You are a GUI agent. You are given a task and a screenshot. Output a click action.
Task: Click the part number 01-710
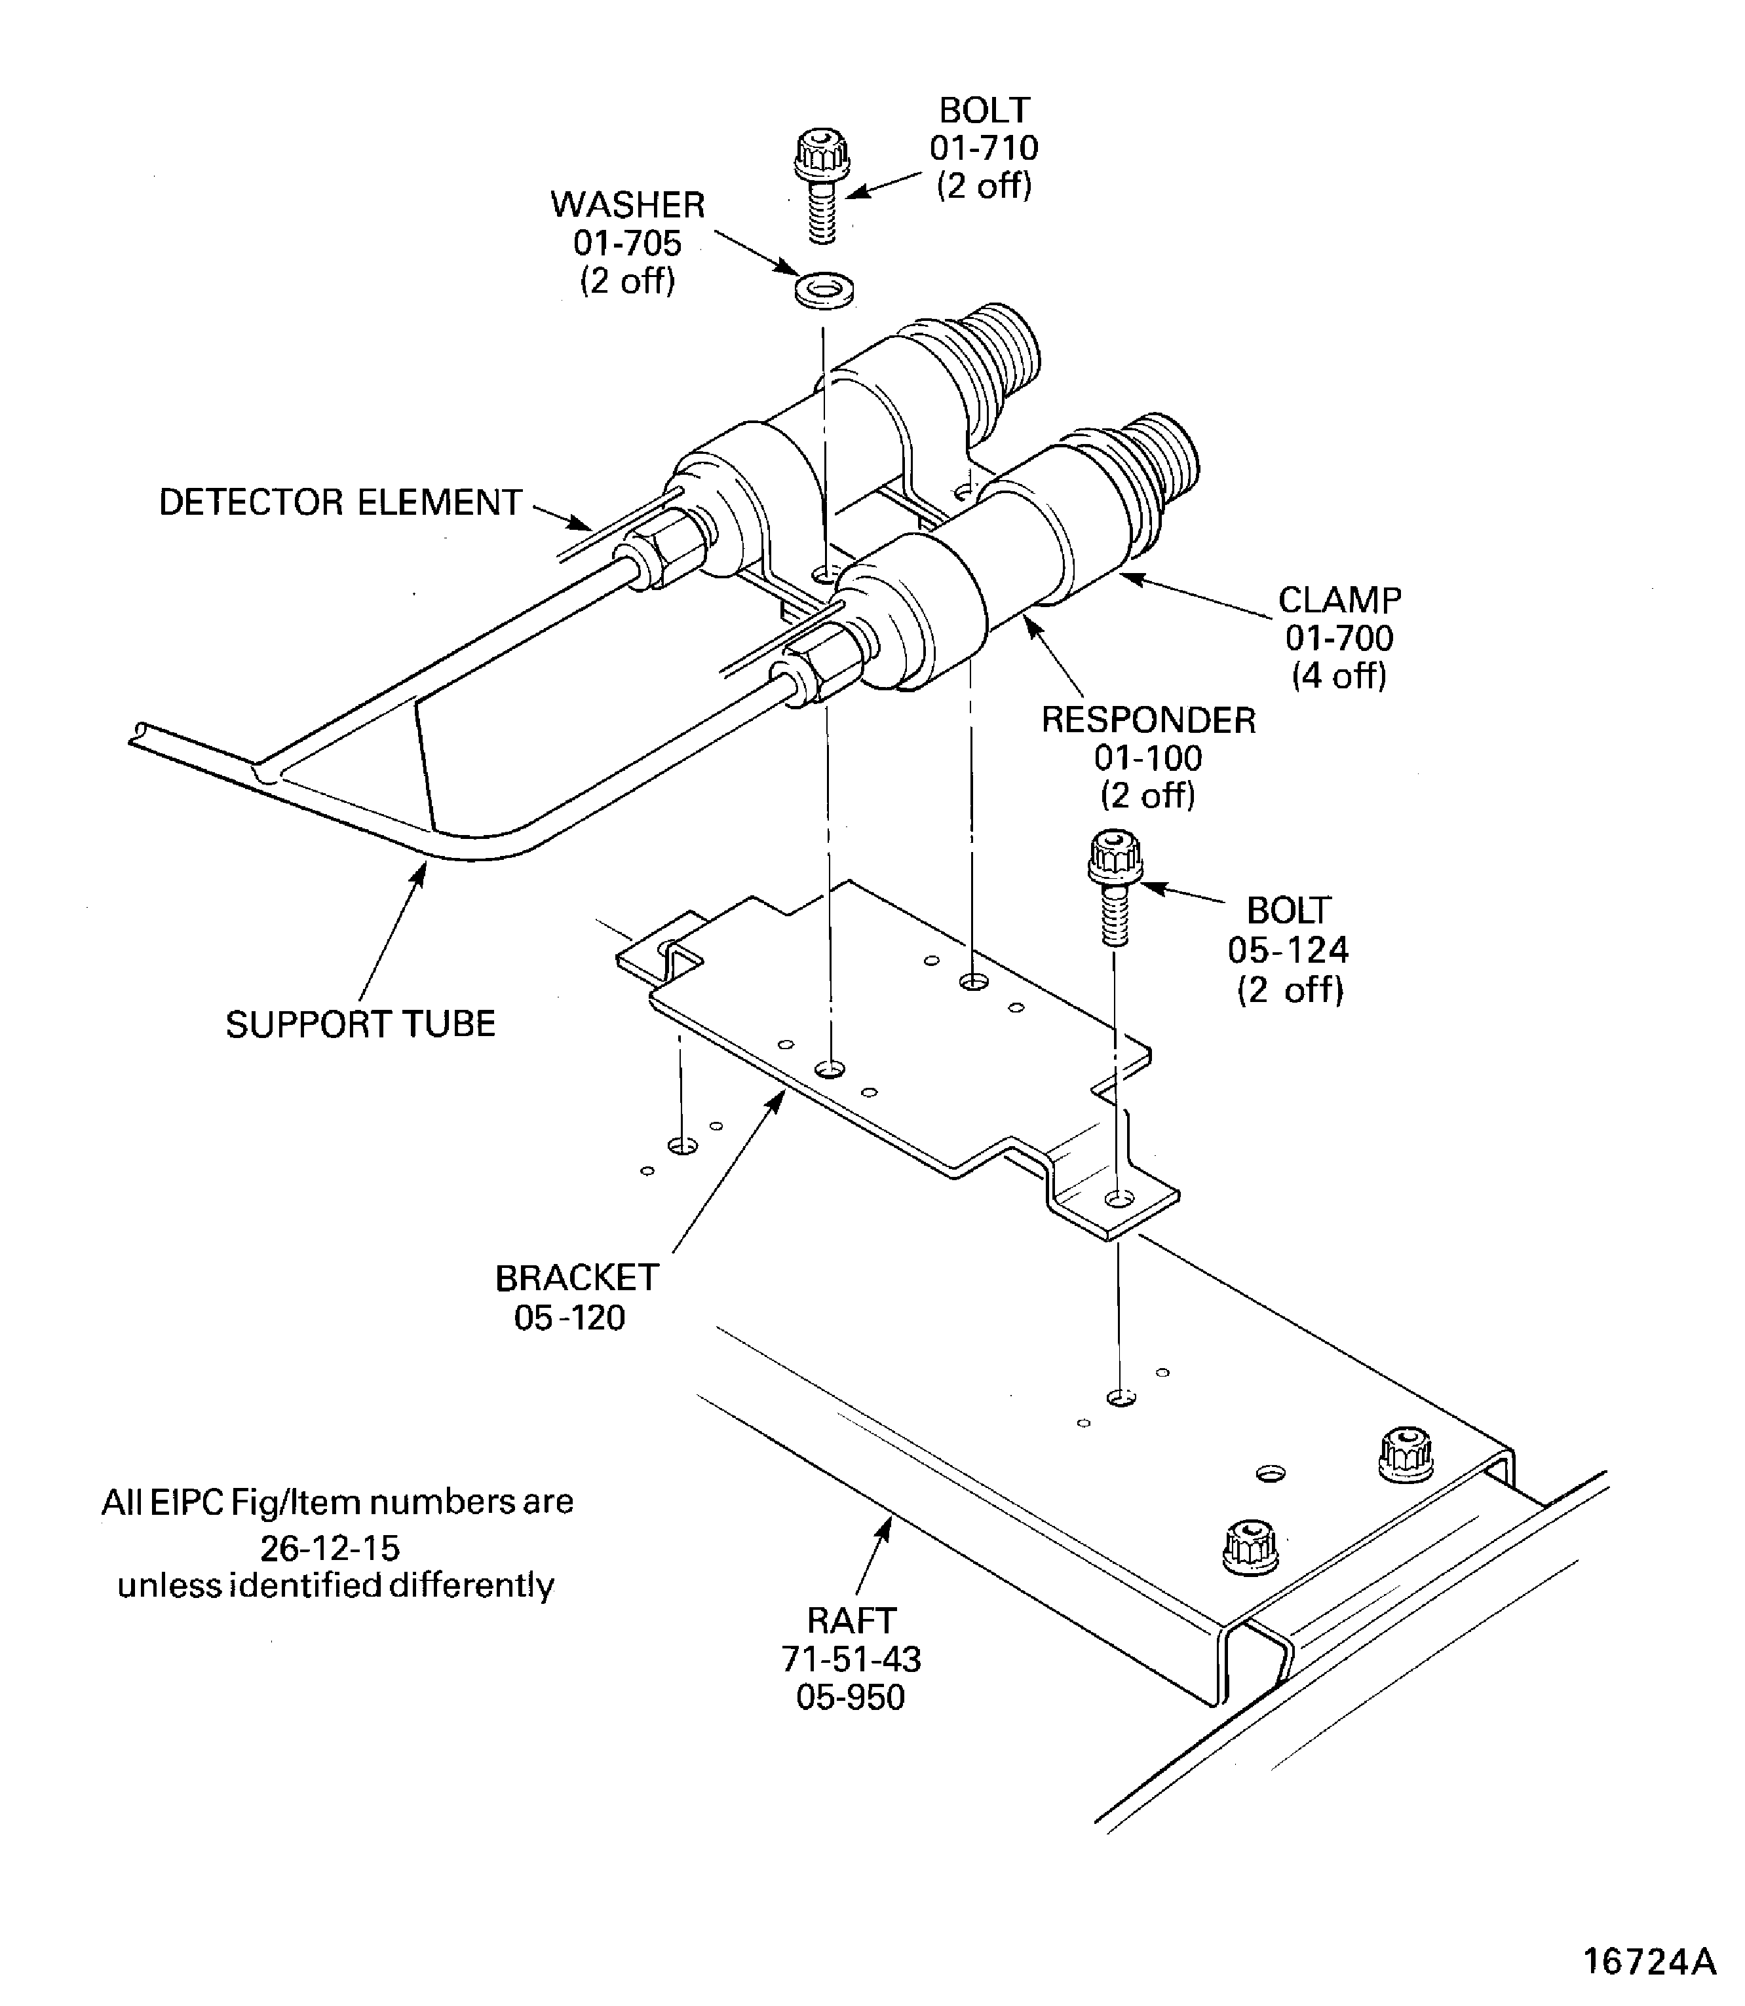click(984, 148)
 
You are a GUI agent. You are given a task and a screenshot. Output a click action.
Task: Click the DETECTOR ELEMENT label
click(340, 502)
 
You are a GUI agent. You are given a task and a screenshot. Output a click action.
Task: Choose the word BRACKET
click(577, 1278)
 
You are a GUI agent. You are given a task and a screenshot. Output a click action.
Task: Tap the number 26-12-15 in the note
click(330, 1548)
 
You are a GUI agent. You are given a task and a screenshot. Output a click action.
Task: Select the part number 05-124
click(1288, 950)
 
